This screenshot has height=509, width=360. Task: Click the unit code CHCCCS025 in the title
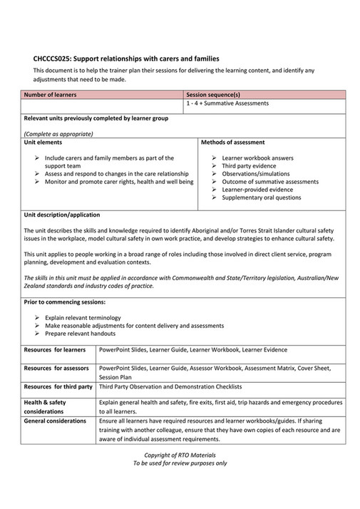click(x=56, y=58)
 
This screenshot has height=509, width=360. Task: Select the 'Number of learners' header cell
click(x=51, y=94)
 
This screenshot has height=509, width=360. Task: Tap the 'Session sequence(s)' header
click(x=212, y=94)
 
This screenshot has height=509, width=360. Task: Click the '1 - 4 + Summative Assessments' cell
click(x=227, y=103)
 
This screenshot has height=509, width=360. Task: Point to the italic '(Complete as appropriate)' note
click(x=58, y=133)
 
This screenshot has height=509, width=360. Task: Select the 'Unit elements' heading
click(x=44, y=143)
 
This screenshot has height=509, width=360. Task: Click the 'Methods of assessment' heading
click(x=233, y=143)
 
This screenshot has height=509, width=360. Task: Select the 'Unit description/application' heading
click(x=62, y=215)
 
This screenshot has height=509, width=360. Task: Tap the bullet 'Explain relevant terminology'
click(x=83, y=317)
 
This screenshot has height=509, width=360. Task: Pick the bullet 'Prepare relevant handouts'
click(x=79, y=333)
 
